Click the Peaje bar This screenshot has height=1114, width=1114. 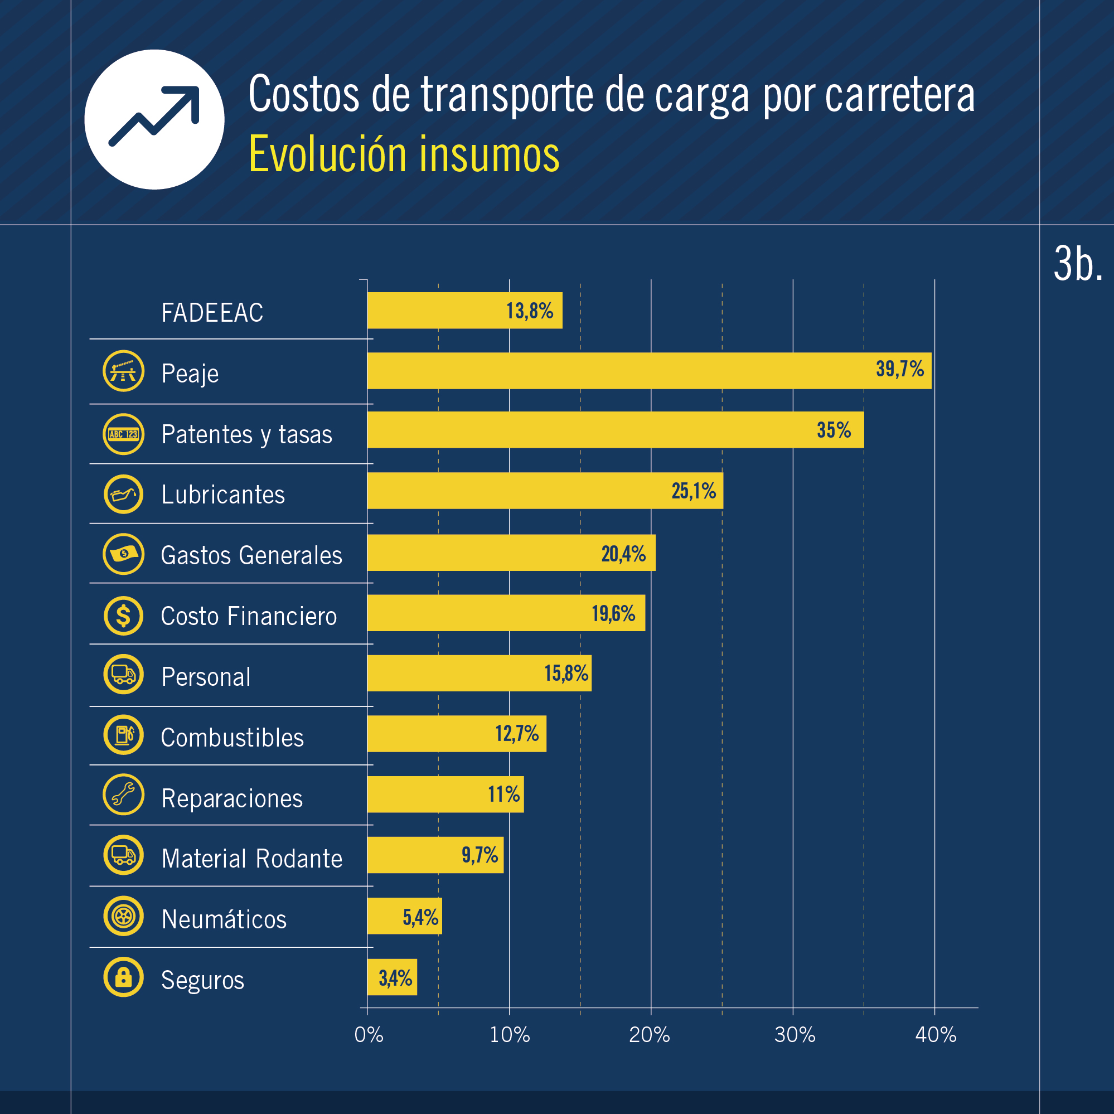[648, 371]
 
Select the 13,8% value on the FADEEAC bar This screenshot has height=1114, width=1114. [529, 311]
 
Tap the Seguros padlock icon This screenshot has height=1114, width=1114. [123, 977]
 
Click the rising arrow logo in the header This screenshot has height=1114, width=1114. [154, 119]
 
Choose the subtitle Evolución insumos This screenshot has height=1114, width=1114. [404, 154]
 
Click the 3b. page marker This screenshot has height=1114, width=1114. [1077, 264]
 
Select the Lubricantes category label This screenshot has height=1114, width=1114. [222, 495]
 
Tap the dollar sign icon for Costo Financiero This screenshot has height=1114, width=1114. [123, 616]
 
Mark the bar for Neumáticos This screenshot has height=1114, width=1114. [404, 916]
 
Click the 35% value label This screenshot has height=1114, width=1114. [834, 430]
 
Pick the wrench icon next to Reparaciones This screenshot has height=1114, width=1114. [123, 795]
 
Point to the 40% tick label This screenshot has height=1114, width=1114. [935, 1035]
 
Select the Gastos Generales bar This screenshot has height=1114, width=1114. [511, 553]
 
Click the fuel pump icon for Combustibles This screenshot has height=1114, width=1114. [123, 735]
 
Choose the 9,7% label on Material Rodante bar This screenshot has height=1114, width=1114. [479, 855]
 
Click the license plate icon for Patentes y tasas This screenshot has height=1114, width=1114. [123, 434]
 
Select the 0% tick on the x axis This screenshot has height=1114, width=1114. [369, 1035]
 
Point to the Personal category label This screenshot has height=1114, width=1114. [206, 677]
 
